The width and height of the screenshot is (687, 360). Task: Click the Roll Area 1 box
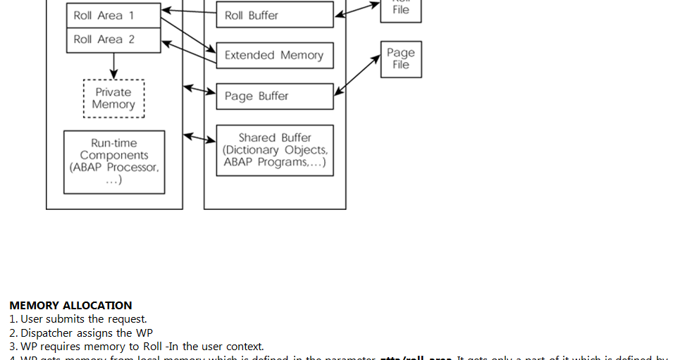tap(113, 15)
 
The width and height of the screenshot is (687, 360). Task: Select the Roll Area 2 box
tap(113, 40)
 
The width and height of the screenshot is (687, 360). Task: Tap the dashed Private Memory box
tap(113, 99)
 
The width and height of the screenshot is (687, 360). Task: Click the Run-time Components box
tap(114, 161)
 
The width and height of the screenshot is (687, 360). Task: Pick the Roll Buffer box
tap(275, 15)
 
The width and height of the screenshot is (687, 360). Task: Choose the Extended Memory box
tap(275, 56)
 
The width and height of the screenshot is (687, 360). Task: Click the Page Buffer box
tap(275, 97)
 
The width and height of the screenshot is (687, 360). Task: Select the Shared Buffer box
tap(275, 150)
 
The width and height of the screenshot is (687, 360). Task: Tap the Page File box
tap(401, 58)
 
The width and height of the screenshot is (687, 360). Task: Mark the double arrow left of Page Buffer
tap(199, 89)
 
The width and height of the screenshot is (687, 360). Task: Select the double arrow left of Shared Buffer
tap(199, 137)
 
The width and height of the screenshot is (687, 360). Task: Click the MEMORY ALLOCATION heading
tap(70, 306)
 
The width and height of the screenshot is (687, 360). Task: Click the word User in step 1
tap(32, 319)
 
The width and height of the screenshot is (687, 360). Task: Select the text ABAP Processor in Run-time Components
tap(114, 168)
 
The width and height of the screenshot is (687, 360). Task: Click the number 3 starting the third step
tap(13, 347)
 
